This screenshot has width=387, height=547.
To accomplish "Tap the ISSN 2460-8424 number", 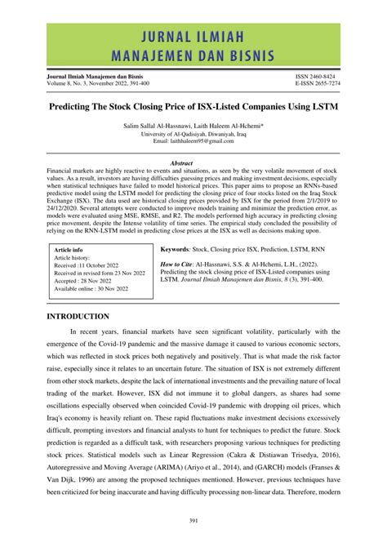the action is point(331,73).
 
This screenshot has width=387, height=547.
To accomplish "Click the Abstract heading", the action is point(193,162).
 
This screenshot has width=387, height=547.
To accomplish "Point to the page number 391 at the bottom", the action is point(193,519).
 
